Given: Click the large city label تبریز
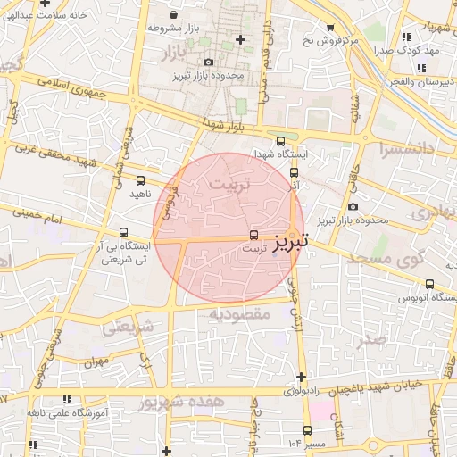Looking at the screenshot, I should pos(292,241).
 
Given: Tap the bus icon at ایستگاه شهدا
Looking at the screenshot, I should pos(281,141).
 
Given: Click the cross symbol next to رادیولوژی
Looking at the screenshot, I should pos(302,377).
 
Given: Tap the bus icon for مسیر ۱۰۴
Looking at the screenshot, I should pos(307,430).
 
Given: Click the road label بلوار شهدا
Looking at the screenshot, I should pos(223,126).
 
